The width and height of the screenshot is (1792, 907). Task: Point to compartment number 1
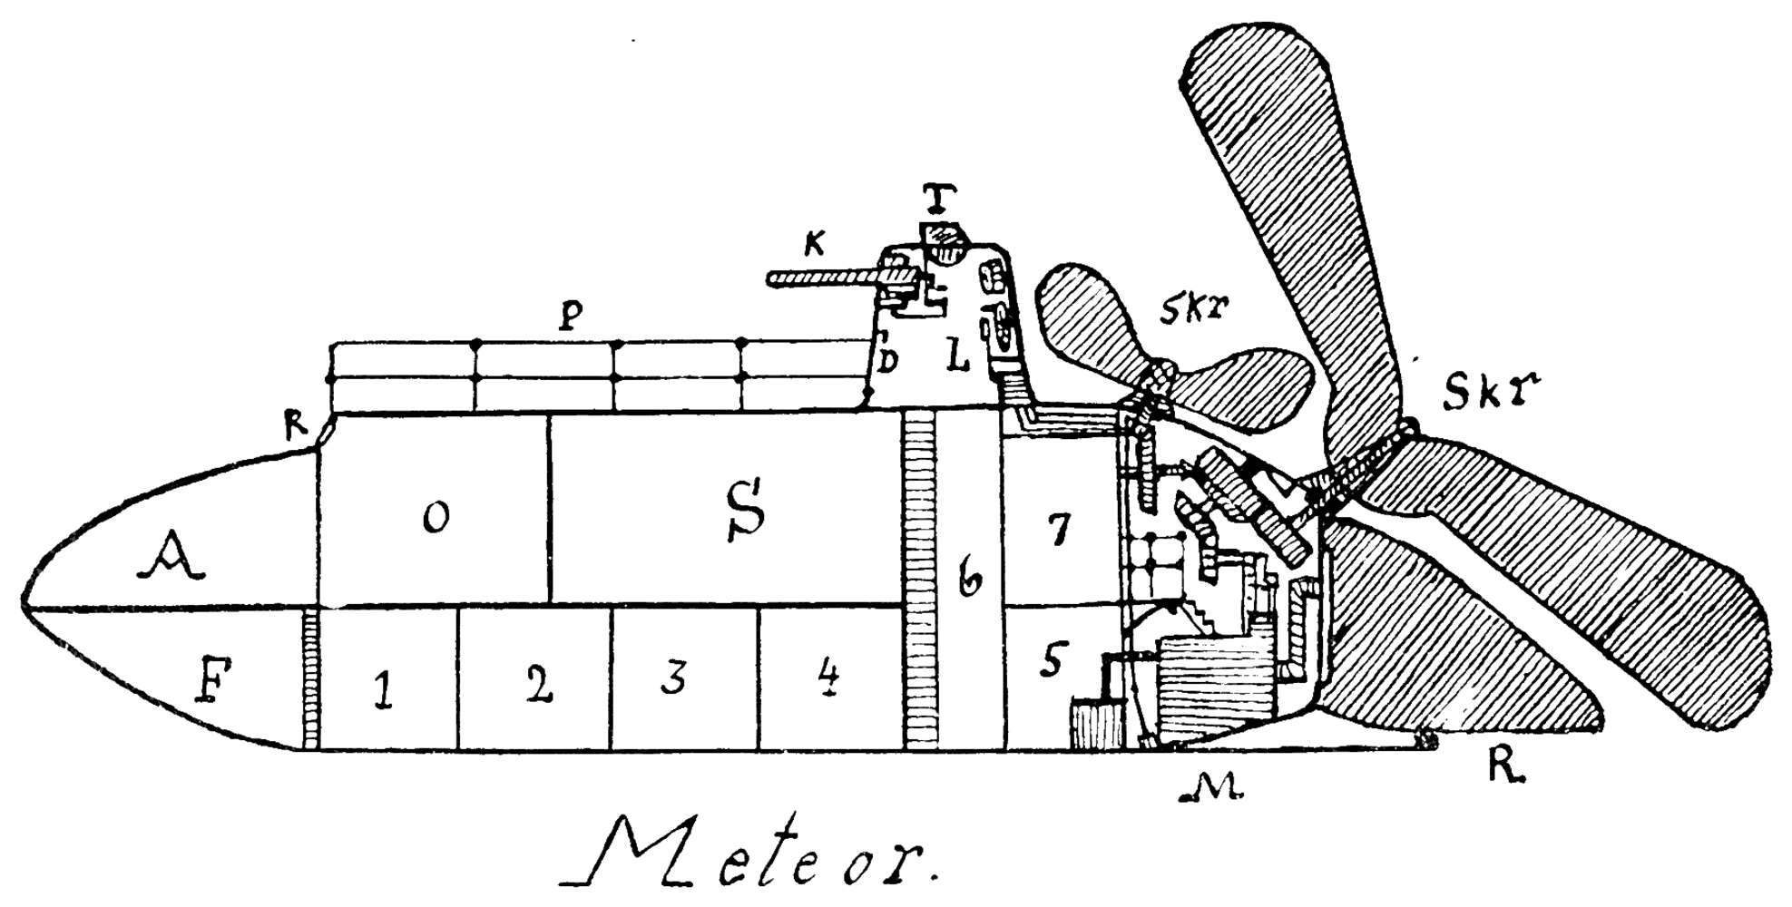[x=383, y=691]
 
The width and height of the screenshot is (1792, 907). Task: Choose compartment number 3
[x=672, y=677]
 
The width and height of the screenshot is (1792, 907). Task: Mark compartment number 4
[x=827, y=677]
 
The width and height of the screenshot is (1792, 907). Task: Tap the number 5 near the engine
[x=1053, y=660]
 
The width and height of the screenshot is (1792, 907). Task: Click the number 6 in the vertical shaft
[x=969, y=578]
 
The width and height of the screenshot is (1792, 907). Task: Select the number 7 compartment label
[x=1057, y=529]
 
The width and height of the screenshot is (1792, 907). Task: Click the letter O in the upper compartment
[x=436, y=518]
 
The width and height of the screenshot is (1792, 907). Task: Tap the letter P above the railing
[x=571, y=315]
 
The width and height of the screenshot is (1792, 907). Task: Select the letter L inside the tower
[x=957, y=357]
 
